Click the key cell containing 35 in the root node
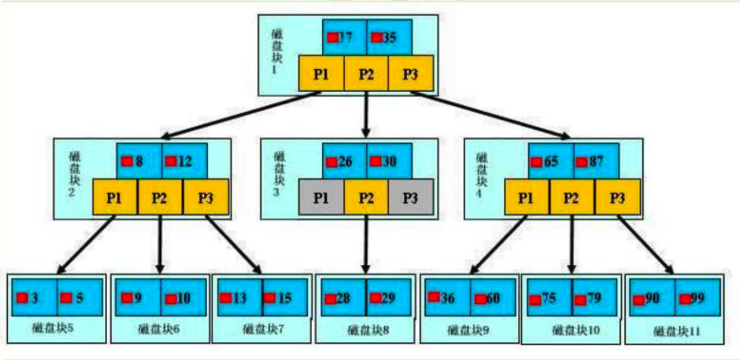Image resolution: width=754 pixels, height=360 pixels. click(x=389, y=37)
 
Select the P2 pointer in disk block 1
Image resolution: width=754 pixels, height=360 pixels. click(x=366, y=74)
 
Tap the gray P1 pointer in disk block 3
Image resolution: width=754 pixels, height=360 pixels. click(x=321, y=198)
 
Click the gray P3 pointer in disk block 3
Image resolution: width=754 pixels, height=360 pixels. click(x=411, y=198)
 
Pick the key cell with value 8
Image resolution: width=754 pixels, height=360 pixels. click(x=139, y=161)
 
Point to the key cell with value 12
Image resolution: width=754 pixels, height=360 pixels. click(x=184, y=161)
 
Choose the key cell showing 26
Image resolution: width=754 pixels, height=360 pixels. click(x=344, y=161)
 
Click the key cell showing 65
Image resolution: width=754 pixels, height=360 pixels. click(x=551, y=161)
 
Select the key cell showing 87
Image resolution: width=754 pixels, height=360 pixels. click(x=596, y=161)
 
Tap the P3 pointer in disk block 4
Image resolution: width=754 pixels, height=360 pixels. click(x=617, y=198)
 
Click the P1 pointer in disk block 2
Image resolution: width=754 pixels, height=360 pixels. click(x=114, y=198)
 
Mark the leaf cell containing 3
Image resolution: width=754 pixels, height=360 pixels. click(x=34, y=298)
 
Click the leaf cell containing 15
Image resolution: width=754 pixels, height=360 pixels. click(x=284, y=298)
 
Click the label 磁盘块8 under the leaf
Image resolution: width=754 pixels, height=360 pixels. click(x=368, y=330)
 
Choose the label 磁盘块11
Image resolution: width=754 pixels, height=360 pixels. click(x=676, y=331)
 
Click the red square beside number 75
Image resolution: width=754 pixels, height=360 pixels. click(x=535, y=300)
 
